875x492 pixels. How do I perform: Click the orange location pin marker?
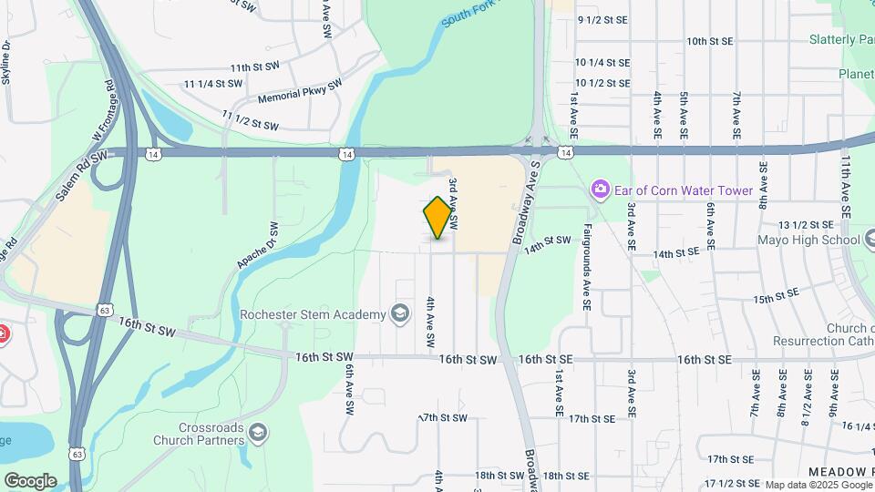(x=438, y=218)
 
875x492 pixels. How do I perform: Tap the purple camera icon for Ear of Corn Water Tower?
(x=600, y=190)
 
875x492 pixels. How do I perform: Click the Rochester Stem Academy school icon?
(x=399, y=314)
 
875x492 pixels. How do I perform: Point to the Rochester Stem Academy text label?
(x=313, y=315)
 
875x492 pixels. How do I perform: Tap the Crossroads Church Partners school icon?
(x=258, y=432)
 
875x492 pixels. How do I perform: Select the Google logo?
(x=30, y=480)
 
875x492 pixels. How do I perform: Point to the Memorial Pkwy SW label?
(x=300, y=89)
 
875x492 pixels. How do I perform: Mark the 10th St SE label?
(x=710, y=41)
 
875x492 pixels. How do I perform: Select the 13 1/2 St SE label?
(x=807, y=224)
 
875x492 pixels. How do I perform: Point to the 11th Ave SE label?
(x=847, y=186)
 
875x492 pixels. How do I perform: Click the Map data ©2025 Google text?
(x=818, y=485)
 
